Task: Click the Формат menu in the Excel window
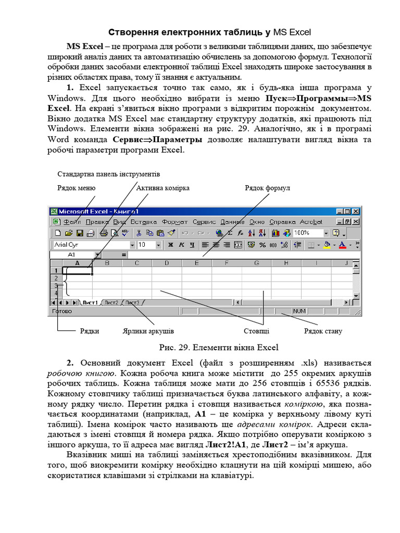click(x=174, y=222)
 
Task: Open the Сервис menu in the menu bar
click(x=204, y=222)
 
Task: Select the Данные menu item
click(x=232, y=222)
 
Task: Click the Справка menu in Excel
click(x=283, y=222)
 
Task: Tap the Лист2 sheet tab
click(x=111, y=302)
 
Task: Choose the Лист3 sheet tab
click(x=132, y=302)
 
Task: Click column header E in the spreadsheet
click(x=196, y=263)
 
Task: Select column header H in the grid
click(x=286, y=263)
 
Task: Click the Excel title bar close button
click(x=356, y=212)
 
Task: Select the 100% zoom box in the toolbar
click(x=307, y=233)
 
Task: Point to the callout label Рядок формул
click(x=267, y=188)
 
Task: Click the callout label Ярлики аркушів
click(x=148, y=331)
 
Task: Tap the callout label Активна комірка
click(x=163, y=188)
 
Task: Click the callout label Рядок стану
click(x=323, y=331)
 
